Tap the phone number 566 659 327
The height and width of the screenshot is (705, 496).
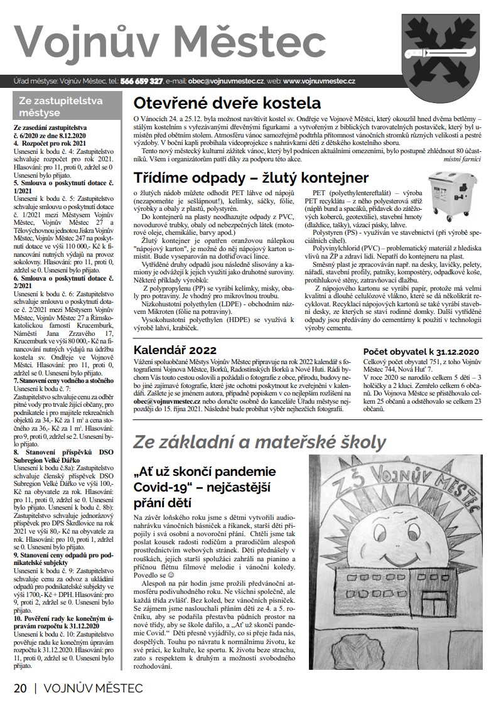(142, 81)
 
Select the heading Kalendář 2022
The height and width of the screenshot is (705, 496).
(175, 350)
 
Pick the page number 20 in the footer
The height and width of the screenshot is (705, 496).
(20, 688)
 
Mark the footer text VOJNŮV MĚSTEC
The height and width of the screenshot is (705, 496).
(93, 688)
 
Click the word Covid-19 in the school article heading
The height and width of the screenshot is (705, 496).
(163, 487)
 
